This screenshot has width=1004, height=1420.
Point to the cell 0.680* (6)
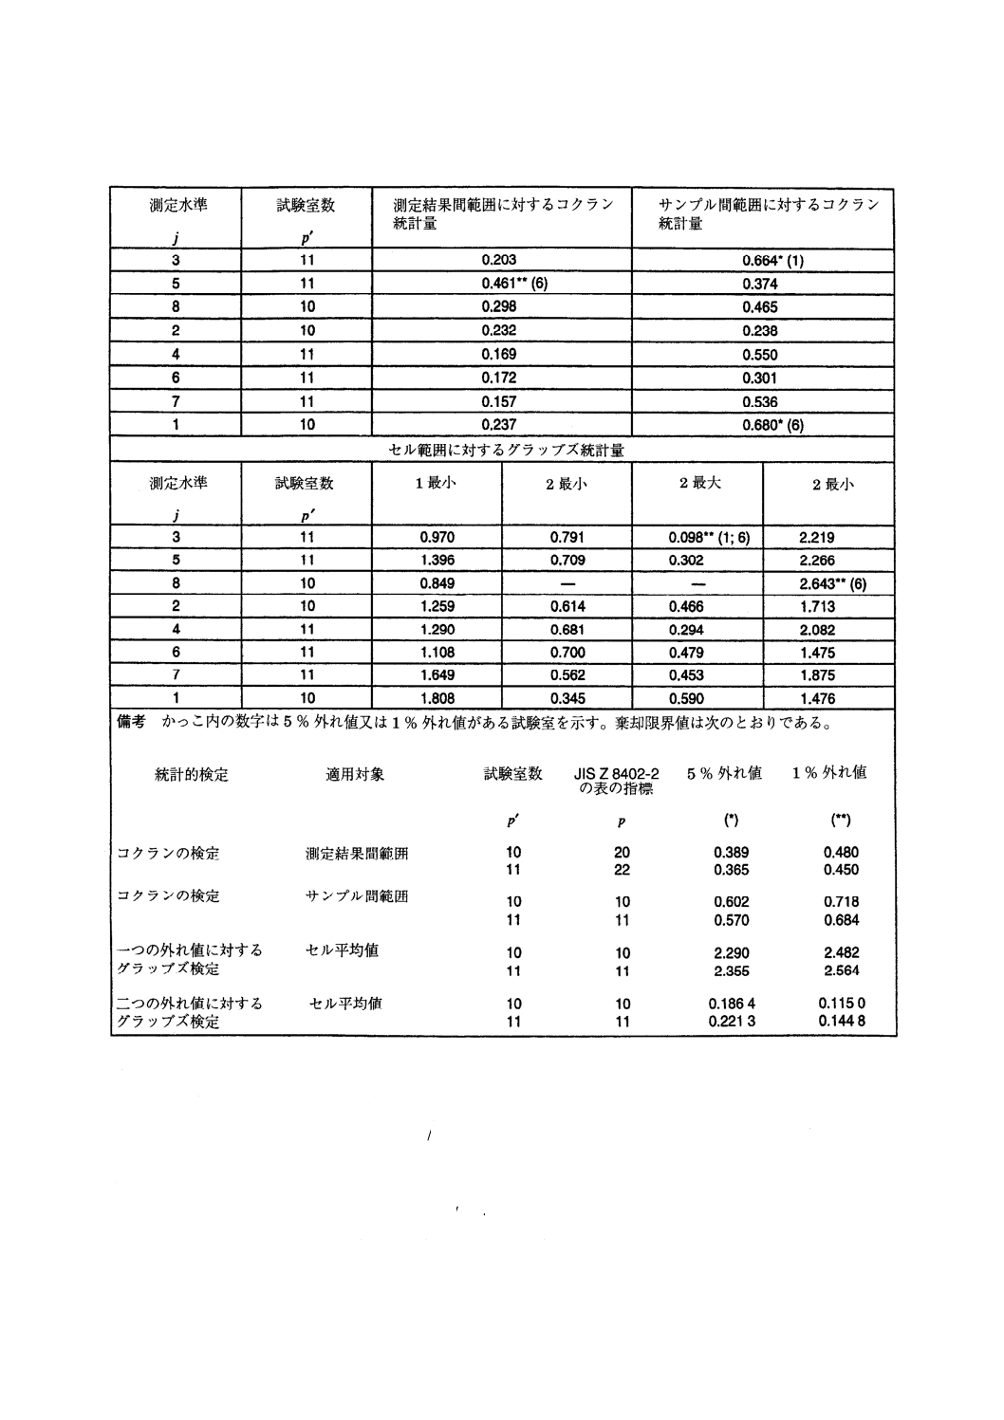tap(773, 425)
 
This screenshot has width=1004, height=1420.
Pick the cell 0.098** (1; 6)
tap(709, 538)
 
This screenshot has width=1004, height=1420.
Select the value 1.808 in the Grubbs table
tap(437, 699)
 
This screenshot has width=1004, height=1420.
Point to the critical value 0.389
tap(732, 853)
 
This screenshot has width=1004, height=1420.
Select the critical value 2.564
tap(842, 969)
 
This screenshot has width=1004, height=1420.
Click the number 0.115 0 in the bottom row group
tap(842, 1004)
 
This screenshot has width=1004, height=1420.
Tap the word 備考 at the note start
tap(131, 723)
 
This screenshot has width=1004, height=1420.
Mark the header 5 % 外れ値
tap(724, 773)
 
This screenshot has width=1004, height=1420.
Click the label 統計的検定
tap(192, 775)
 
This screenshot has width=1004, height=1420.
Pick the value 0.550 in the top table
tap(760, 356)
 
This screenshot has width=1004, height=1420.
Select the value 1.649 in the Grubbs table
tap(437, 676)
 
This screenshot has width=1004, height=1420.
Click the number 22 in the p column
tap(623, 870)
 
